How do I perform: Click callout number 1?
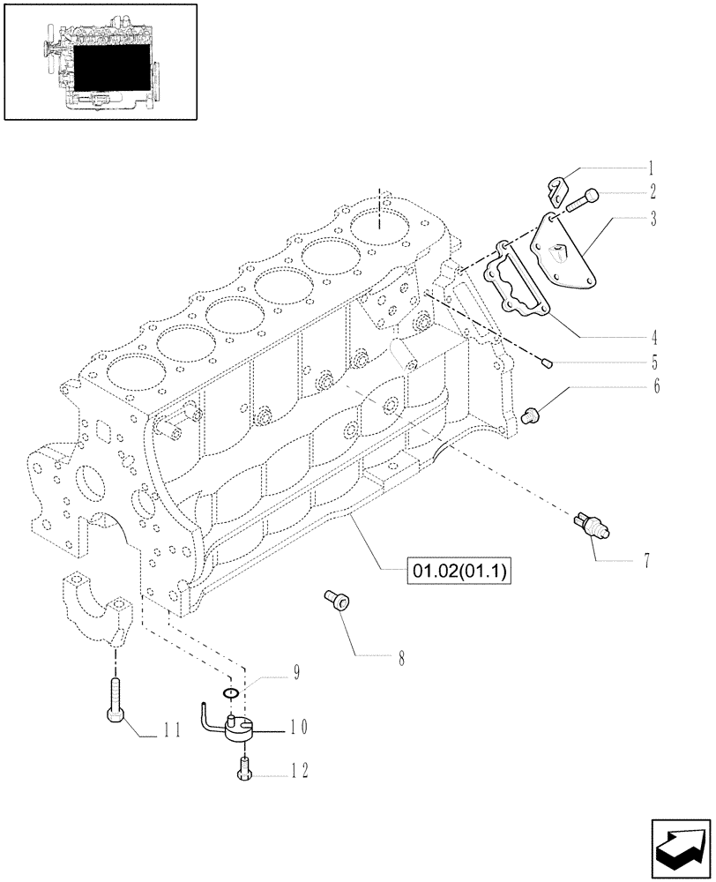pyautogui.click(x=650, y=167)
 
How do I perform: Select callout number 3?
pyautogui.click(x=652, y=219)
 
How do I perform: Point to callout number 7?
pyautogui.click(x=646, y=560)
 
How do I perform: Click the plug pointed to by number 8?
pyautogui.click(x=337, y=602)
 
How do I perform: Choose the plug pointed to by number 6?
pyautogui.click(x=532, y=414)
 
